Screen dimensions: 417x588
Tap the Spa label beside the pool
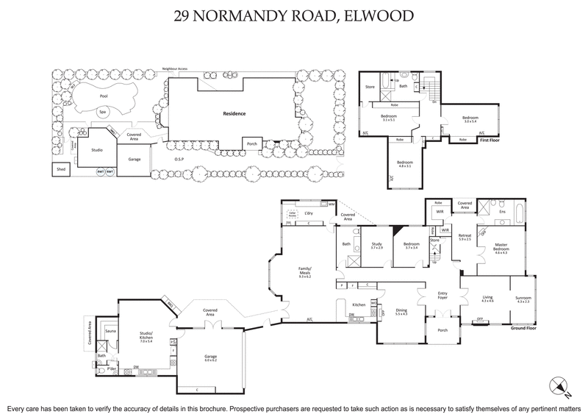point(102,113)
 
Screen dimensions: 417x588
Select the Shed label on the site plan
point(60,169)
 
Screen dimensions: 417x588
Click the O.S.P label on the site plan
point(178,158)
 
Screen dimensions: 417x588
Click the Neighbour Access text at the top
point(175,68)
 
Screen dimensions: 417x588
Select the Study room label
point(377,243)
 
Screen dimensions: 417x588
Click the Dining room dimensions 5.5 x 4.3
point(401,313)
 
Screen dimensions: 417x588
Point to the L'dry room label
point(309,213)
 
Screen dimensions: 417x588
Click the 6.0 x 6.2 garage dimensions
point(210,360)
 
